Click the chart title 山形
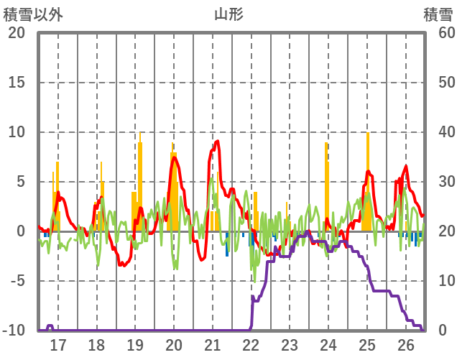tap(228, 14)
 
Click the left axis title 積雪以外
tap(34, 14)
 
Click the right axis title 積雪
tap(437, 14)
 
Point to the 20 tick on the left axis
tap(17, 33)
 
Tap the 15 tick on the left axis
tap(17, 83)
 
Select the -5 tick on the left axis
tap(17, 281)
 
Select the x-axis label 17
tap(57, 344)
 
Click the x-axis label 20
tap(174, 344)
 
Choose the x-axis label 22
tap(251, 344)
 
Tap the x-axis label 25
tap(367, 344)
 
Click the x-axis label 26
tap(405, 344)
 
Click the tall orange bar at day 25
tap(367, 180)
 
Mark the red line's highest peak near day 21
tap(216, 142)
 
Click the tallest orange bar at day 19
tap(140, 180)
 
